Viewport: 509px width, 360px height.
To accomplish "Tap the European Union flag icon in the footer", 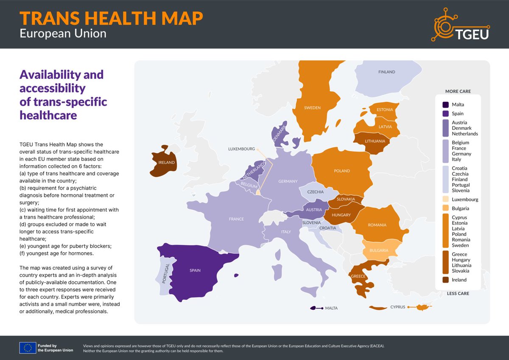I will tap(27, 348).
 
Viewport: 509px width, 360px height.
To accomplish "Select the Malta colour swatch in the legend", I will tap(445, 104).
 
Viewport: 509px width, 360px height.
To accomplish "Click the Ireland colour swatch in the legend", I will tap(445, 280).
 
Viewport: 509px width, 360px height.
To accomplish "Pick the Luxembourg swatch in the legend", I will tap(445, 200).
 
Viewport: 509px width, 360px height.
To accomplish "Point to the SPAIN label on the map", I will tap(195, 270).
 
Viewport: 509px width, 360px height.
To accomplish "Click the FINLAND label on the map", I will tap(386, 72).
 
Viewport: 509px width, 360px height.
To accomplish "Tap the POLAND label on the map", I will tap(342, 171).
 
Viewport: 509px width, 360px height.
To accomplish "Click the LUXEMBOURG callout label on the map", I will tap(241, 149).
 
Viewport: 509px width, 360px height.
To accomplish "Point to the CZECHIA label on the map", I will tap(315, 192).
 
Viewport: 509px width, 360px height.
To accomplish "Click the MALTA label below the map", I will tap(331, 308).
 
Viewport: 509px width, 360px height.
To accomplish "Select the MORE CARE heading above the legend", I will tap(458, 91).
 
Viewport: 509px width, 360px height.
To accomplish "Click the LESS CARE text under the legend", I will tap(458, 293).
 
